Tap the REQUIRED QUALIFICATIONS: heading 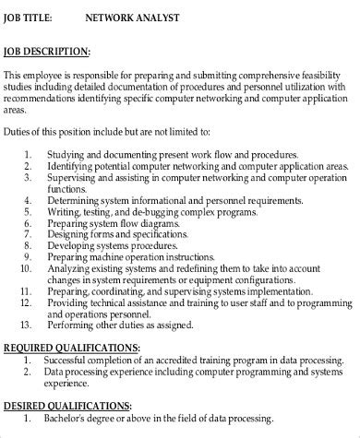coord(71,348)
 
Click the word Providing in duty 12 coord(73,302)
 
